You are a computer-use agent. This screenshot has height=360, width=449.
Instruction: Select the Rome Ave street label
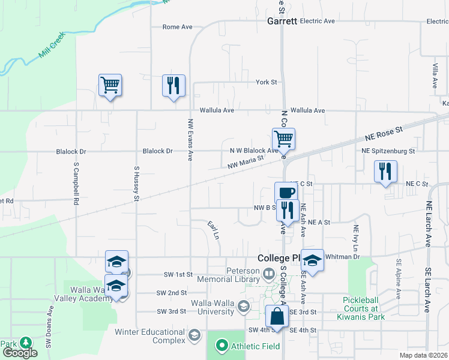point(178,27)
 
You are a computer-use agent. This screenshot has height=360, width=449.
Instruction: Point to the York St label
point(266,82)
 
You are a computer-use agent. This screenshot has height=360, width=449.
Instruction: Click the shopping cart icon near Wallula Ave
point(110,85)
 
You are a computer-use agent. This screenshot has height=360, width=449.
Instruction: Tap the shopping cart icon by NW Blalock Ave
point(283,139)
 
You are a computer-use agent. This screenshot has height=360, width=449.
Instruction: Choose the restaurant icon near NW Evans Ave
point(173,85)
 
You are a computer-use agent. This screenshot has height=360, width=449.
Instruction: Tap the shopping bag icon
point(277,317)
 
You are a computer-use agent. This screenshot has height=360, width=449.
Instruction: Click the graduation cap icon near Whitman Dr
point(312,260)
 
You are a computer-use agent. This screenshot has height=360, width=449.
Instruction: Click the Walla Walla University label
point(212,307)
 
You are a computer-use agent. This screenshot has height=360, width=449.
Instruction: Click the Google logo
point(20,353)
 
